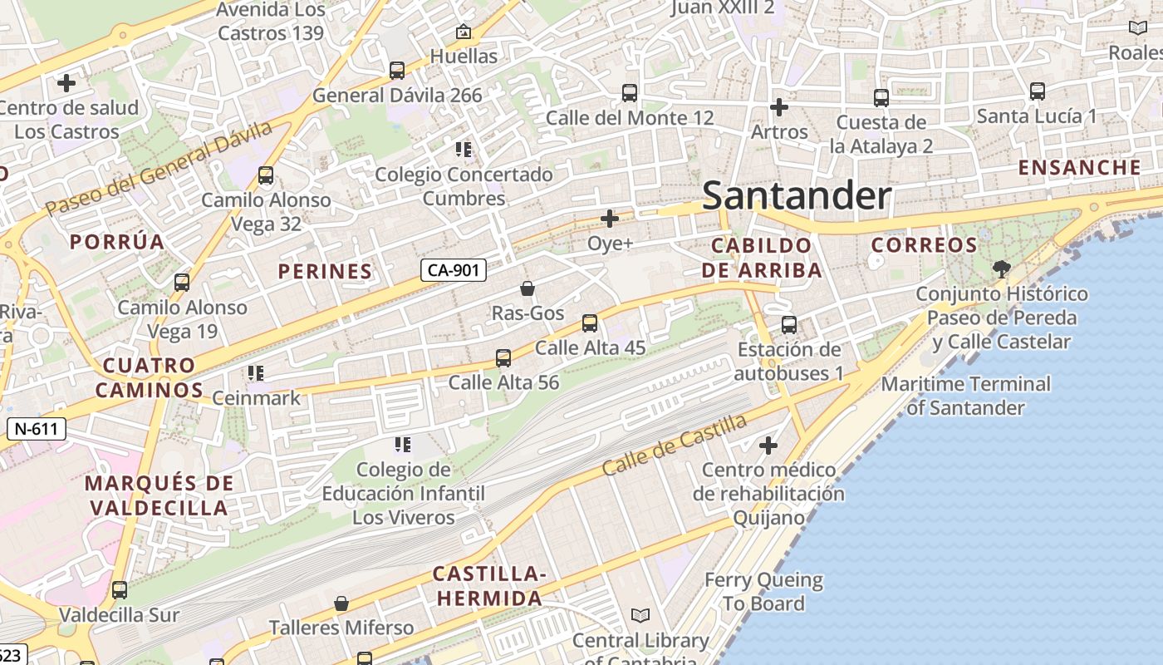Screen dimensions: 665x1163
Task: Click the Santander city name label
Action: point(797,196)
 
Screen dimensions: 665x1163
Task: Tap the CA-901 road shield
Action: point(453,270)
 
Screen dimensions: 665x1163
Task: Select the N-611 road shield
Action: point(36,429)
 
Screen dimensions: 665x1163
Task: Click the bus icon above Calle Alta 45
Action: point(590,323)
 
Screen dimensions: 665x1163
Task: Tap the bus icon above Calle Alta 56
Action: point(503,358)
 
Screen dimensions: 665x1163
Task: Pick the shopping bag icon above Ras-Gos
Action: point(527,288)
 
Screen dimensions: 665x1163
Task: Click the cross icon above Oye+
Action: point(610,219)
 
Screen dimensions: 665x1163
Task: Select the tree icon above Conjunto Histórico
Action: point(1001,268)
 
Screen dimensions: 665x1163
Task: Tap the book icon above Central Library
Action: point(640,615)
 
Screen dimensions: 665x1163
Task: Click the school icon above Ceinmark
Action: point(255,373)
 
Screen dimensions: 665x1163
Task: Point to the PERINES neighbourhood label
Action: point(325,271)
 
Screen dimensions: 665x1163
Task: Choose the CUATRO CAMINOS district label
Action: point(150,377)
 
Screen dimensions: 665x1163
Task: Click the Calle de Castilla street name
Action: point(675,445)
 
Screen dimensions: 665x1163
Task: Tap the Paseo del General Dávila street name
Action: point(159,169)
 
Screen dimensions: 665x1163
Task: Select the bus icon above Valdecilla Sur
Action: point(120,590)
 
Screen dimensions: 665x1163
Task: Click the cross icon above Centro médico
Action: point(768,446)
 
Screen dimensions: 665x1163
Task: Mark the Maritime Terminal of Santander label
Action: point(965,396)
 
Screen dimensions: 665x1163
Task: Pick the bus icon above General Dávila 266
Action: point(397,71)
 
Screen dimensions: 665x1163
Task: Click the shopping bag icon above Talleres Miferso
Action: point(341,603)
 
